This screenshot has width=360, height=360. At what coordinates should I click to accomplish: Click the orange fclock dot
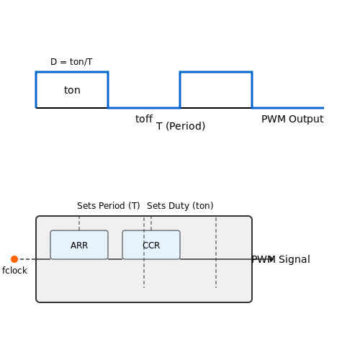click(x=14, y=259)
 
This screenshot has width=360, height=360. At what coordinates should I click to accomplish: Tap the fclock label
click(x=14, y=271)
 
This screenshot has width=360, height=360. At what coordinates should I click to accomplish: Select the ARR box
click(x=79, y=245)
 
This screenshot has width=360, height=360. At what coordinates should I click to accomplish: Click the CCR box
click(x=151, y=245)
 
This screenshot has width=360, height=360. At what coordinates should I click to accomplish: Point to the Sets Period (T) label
click(x=109, y=206)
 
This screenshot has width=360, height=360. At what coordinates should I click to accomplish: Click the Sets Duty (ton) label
click(x=180, y=206)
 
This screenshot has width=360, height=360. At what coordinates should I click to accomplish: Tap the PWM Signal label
click(x=281, y=259)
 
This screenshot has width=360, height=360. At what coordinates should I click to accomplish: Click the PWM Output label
click(x=292, y=119)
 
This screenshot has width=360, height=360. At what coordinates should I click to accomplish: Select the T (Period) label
click(x=181, y=126)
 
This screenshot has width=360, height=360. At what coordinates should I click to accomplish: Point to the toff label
click(x=144, y=119)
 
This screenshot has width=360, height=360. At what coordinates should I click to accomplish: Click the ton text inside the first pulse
click(x=72, y=90)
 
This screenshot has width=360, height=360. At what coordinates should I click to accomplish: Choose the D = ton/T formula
click(x=71, y=62)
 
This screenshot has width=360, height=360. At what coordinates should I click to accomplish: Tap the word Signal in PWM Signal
click(x=294, y=259)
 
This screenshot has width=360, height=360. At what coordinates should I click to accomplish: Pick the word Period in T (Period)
click(x=185, y=126)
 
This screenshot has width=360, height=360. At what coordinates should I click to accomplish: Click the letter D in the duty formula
click(x=53, y=62)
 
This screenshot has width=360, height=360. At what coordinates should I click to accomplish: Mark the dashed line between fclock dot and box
click(x=27, y=259)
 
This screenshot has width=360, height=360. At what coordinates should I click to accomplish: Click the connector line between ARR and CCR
click(x=115, y=259)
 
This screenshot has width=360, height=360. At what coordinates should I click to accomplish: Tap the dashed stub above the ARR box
click(x=79, y=223)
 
